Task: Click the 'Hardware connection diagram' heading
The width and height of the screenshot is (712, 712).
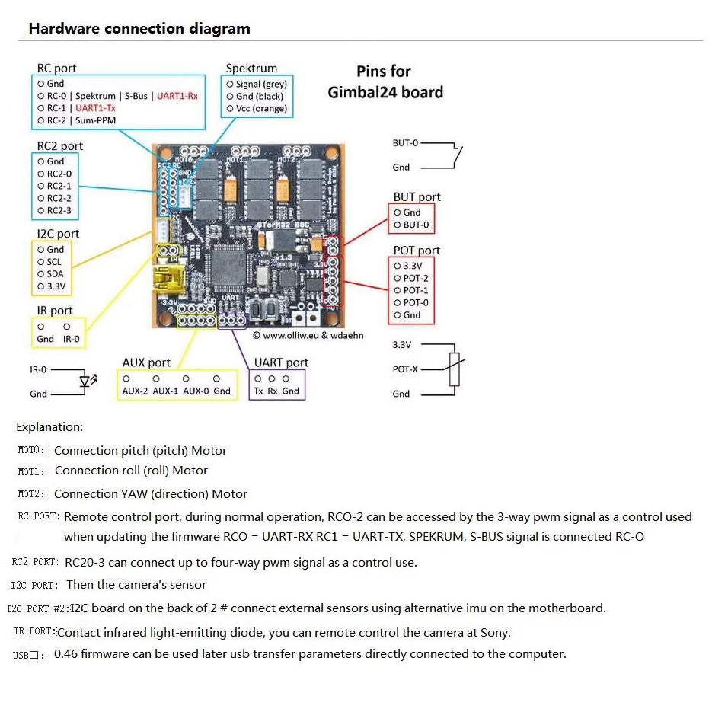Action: tap(139, 29)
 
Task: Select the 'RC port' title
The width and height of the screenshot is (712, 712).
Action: tap(57, 69)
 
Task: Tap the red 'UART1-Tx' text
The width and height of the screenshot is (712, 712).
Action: tap(95, 108)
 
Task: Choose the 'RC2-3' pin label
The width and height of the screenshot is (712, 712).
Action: tap(59, 211)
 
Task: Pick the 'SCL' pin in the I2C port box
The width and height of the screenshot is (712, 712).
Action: tap(54, 262)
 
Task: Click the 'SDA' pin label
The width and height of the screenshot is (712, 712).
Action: tap(55, 274)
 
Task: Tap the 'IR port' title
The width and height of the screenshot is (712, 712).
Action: tap(55, 311)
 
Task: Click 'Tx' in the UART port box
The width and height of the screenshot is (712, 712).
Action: tap(258, 391)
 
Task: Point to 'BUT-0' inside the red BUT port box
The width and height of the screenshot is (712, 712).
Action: tap(416, 225)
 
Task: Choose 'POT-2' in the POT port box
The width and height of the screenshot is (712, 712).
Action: tap(416, 278)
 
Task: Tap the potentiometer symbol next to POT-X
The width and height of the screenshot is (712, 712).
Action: tap(455, 369)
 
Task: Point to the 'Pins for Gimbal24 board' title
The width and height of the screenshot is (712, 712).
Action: tap(385, 81)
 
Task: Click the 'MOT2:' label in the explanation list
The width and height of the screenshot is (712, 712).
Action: tap(31, 494)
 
